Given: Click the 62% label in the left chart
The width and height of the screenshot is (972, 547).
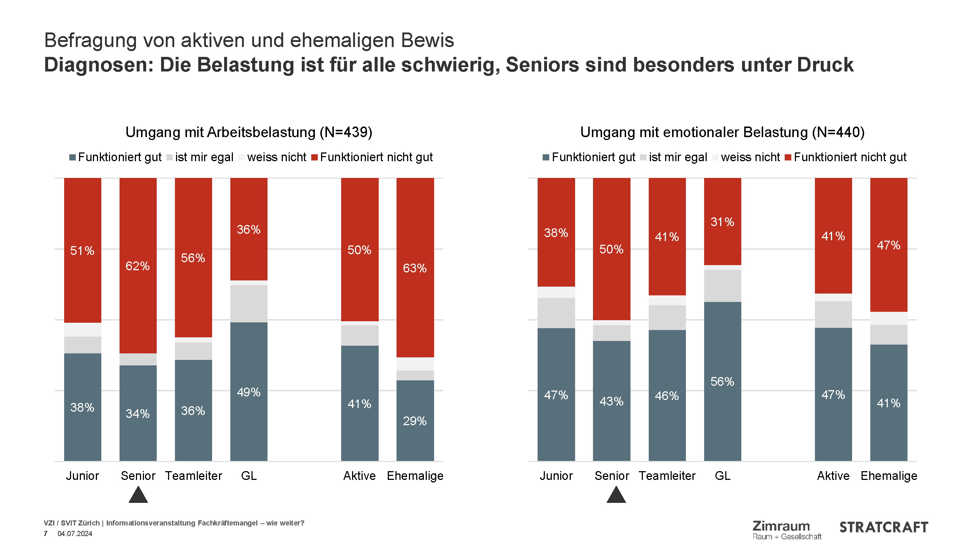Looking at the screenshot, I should (137, 266).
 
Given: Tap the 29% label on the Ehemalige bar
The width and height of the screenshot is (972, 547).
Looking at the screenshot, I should (414, 421).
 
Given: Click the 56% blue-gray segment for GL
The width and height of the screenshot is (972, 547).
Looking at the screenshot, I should (722, 381).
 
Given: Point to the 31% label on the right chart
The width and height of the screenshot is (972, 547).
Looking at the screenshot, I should (722, 222).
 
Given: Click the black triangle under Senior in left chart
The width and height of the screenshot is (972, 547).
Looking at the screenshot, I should (138, 496).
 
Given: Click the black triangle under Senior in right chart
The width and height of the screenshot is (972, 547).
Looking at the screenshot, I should (616, 496).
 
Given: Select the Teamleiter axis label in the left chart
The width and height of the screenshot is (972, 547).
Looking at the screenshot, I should (193, 476).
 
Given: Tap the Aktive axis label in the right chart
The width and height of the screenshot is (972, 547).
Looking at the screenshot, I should (833, 476).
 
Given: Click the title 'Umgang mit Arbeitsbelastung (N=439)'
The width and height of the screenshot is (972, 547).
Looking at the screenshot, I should (249, 132).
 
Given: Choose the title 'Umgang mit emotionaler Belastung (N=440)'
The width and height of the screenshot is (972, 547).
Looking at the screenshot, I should (722, 132).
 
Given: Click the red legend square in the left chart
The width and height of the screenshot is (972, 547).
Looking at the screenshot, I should (314, 158).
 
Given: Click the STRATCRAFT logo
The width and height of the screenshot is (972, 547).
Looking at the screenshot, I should (883, 527).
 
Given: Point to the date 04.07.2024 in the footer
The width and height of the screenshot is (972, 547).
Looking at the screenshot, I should (75, 534).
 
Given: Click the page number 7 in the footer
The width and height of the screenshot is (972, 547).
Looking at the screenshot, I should (46, 534).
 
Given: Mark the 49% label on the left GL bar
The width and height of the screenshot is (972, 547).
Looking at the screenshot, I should (248, 392).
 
